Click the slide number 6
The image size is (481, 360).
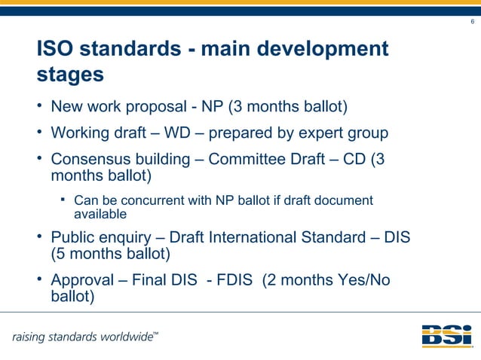pyautogui.click(x=472, y=22)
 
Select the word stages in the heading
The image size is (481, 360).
pyautogui.click(x=70, y=76)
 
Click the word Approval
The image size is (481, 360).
pyautogui.click(x=81, y=281)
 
